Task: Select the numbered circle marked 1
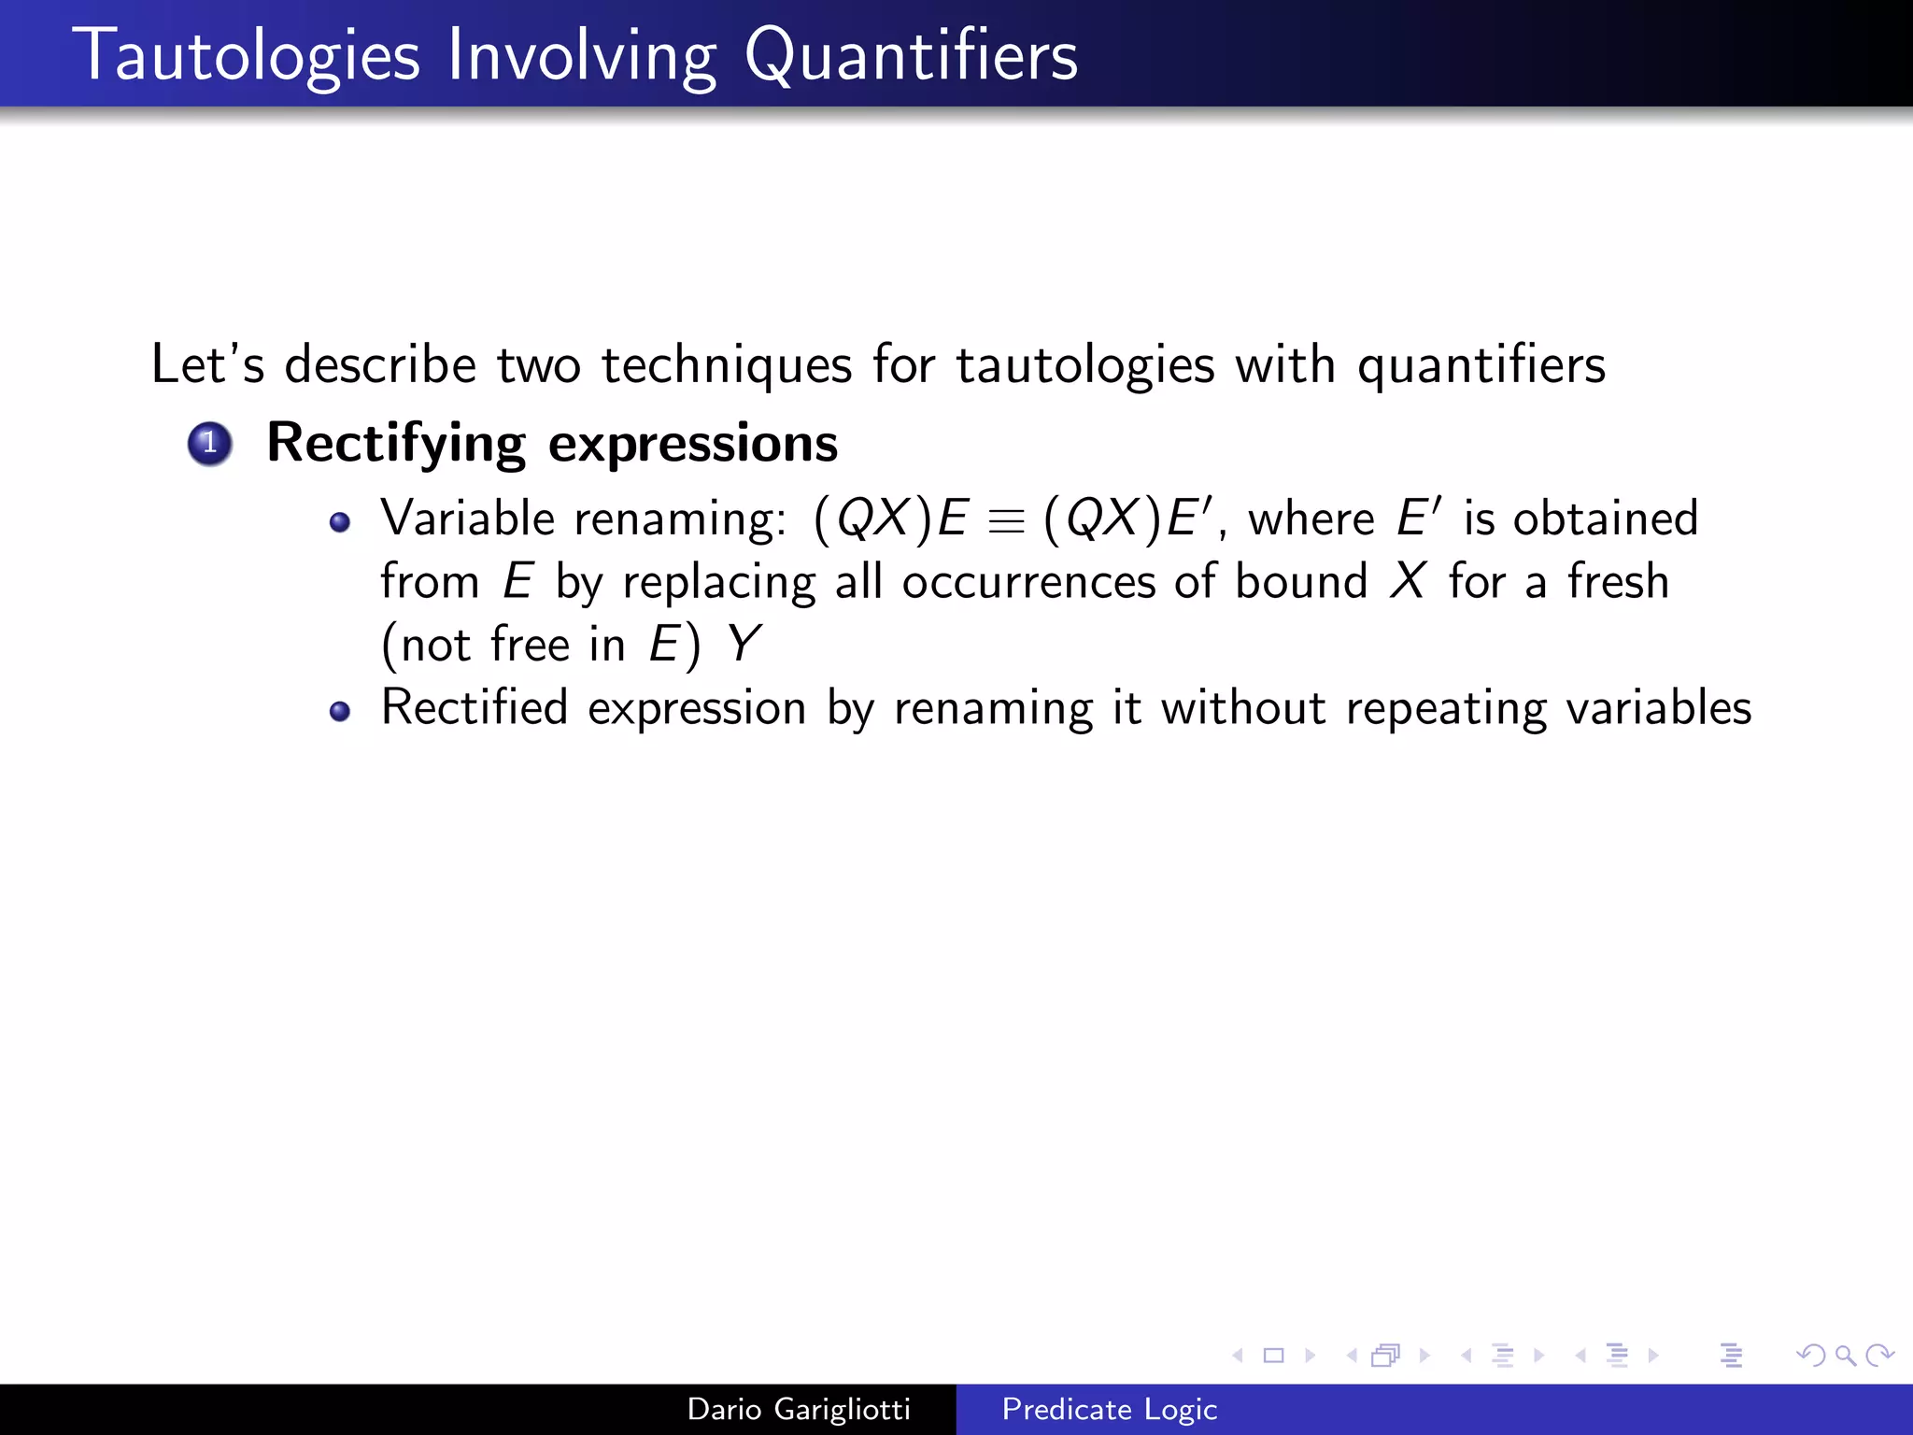point(209,443)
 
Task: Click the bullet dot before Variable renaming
point(340,522)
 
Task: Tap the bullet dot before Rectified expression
point(340,712)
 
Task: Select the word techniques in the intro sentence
point(726,364)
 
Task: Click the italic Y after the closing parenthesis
point(744,645)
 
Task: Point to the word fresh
point(1618,581)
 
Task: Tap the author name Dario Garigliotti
point(799,1409)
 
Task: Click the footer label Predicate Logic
point(1109,1409)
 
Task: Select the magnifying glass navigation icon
point(1844,1356)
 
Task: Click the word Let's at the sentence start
point(207,364)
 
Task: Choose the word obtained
point(1605,519)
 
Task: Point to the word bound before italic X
point(1301,581)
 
